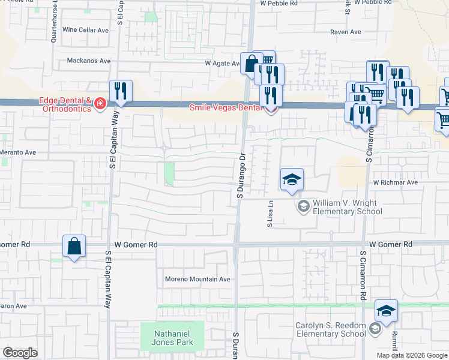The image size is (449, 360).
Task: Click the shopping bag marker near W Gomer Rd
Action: point(74,246)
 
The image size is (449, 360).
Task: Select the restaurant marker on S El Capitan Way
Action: point(121,91)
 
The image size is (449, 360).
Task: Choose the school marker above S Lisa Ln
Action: point(292,179)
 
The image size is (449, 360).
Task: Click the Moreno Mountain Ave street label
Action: point(197,279)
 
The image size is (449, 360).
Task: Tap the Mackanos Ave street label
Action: point(89,61)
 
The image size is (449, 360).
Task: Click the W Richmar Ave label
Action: point(394,182)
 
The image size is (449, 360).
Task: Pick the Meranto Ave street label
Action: point(18,152)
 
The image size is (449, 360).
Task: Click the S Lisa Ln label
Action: point(270,215)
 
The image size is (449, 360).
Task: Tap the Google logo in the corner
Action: point(20,352)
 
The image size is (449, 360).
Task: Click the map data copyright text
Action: point(412,355)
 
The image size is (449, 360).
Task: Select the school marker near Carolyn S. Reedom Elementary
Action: point(386,310)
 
